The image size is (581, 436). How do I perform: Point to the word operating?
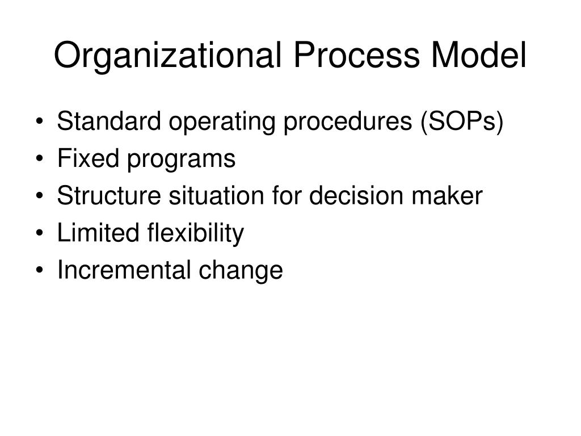tap(195, 123)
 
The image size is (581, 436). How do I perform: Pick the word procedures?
tap(322, 123)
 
